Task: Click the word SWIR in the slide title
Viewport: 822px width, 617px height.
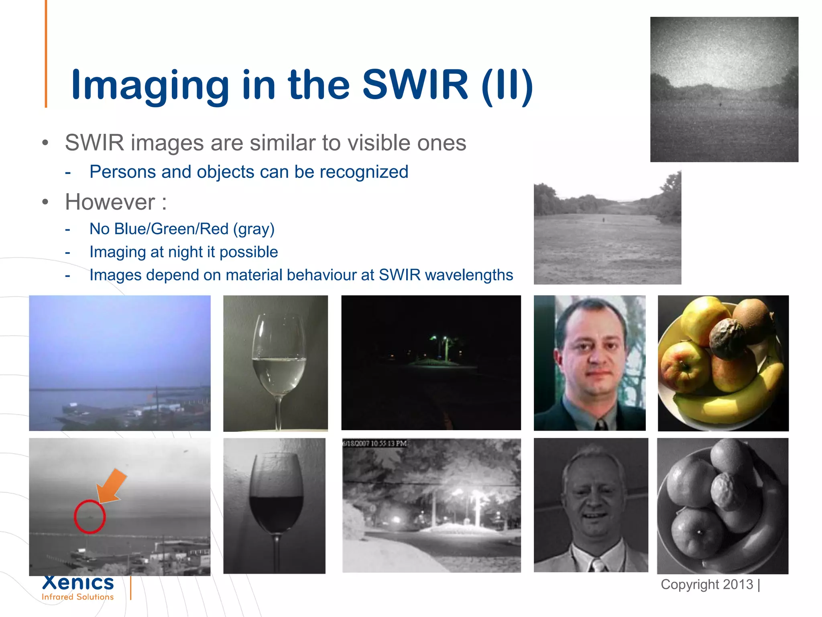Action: click(x=415, y=85)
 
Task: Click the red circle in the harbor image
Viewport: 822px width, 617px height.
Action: click(x=90, y=517)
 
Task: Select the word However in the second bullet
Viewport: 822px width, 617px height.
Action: click(x=110, y=202)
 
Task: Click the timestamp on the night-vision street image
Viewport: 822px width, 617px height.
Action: click(x=374, y=443)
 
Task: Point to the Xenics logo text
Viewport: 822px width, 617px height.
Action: click(x=78, y=582)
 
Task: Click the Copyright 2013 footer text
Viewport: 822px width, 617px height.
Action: click(x=707, y=584)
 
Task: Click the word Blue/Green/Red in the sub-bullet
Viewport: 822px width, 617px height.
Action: click(x=171, y=229)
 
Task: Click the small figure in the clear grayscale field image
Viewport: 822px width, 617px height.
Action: click(x=603, y=220)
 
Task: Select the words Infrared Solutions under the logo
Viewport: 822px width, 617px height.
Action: click(x=78, y=597)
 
